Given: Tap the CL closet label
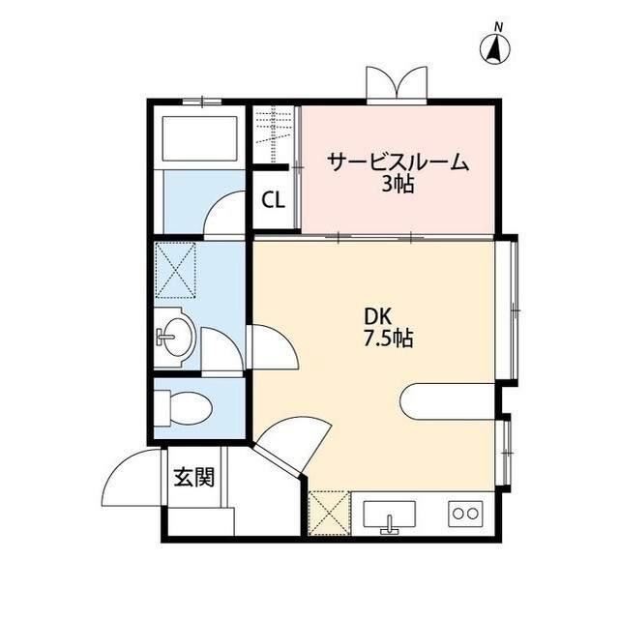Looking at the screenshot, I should [x=274, y=201].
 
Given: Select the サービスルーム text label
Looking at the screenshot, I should [x=398, y=162].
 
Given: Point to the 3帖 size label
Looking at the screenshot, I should [x=398, y=184].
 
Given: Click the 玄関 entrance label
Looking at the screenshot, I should [x=193, y=477].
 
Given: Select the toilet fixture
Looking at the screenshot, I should [x=183, y=407].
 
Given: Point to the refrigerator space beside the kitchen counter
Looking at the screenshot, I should [x=329, y=513].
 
